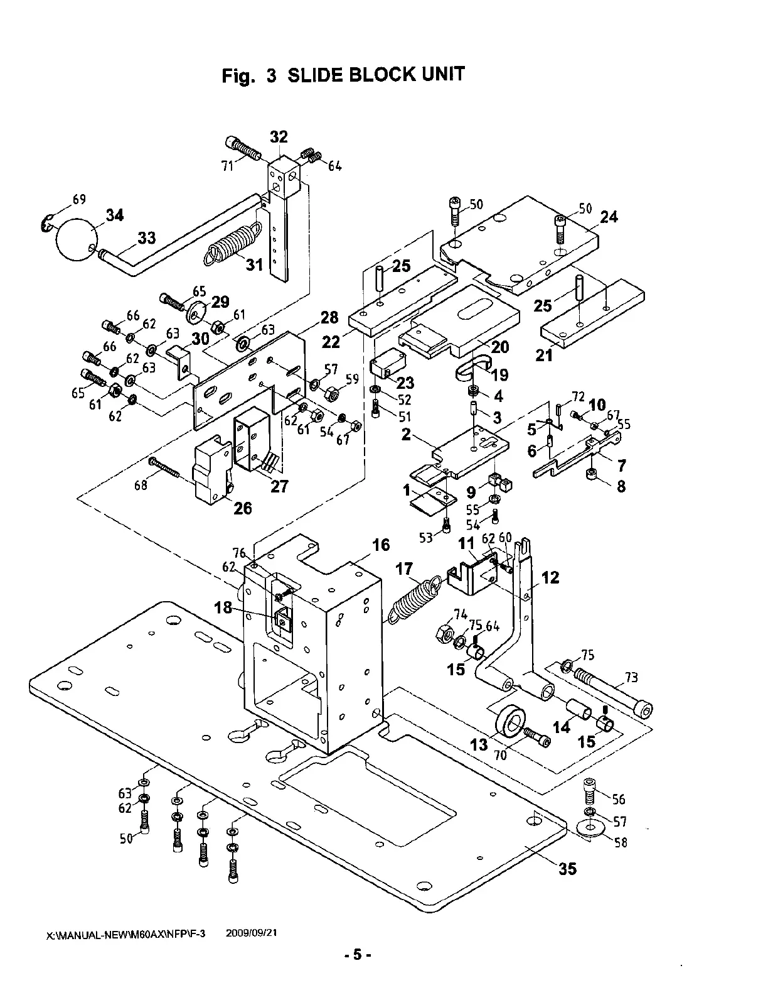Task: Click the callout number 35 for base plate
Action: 567,869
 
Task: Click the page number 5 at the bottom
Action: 357,973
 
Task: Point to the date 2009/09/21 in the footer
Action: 251,933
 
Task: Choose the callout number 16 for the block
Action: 381,545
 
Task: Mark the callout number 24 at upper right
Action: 609,217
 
